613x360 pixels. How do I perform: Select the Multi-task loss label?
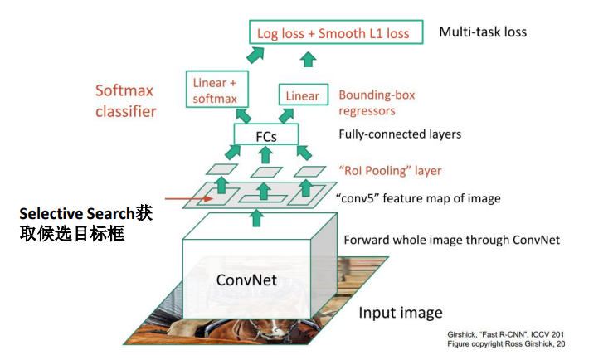(483, 32)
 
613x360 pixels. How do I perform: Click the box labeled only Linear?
(302, 95)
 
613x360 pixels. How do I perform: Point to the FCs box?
(266, 134)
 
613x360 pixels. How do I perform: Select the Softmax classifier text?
(126, 100)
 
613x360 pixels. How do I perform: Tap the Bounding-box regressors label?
(377, 102)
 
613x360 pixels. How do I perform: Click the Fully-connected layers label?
(400, 134)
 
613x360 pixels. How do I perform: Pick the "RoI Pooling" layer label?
(390, 170)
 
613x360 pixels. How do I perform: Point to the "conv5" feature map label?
(419, 198)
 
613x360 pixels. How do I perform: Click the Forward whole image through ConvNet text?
(452, 240)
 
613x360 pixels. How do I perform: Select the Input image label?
(401, 313)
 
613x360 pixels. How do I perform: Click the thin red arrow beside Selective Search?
(185, 199)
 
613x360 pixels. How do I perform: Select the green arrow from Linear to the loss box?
(309, 58)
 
